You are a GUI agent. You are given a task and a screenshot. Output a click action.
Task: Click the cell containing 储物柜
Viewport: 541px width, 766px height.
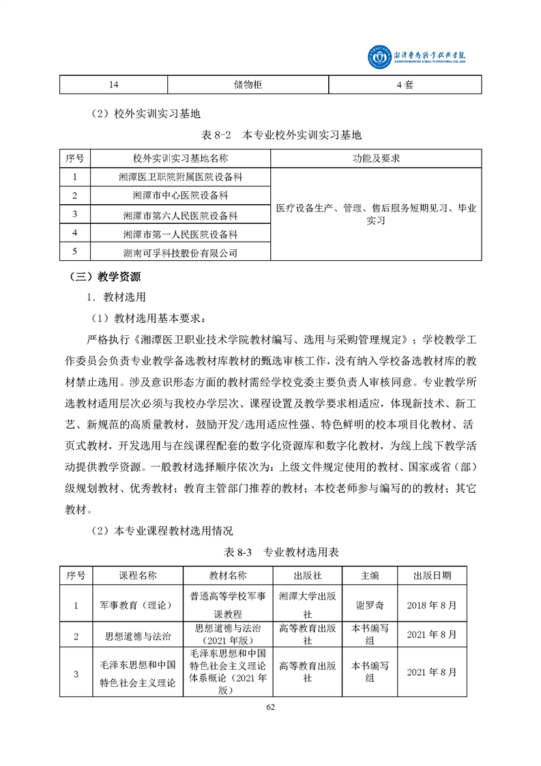[x=248, y=85]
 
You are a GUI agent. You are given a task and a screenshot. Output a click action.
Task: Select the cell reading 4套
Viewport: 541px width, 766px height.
[x=405, y=85]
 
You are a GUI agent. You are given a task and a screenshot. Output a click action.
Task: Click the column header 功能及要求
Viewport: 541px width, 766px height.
[x=376, y=158]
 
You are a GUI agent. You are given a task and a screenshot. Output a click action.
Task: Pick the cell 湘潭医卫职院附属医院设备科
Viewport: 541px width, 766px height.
[x=180, y=177]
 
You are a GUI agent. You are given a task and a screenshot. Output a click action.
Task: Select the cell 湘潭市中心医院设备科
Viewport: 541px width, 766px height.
[x=180, y=196]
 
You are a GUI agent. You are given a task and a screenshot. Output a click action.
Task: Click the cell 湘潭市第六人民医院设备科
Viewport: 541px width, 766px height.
[x=180, y=215]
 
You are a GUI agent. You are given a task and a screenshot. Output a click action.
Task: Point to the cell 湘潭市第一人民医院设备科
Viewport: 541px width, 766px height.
[x=180, y=234]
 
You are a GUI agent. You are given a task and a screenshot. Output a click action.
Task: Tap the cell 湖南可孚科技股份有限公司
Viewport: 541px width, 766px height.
[x=180, y=253]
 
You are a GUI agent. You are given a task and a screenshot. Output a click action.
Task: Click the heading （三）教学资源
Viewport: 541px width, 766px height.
[x=105, y=277]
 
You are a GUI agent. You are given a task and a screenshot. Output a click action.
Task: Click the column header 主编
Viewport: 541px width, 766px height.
[x=370, y=575]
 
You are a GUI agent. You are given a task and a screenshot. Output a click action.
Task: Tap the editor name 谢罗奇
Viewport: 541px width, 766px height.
[x=370, y=605]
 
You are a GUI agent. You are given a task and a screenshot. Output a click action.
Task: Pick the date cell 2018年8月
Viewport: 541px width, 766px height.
[x=431, y=605]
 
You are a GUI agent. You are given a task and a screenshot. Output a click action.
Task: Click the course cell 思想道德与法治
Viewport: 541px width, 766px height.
[x=138, y=636]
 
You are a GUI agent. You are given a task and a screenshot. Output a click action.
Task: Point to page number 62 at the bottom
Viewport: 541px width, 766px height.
[x=270, y=706]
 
